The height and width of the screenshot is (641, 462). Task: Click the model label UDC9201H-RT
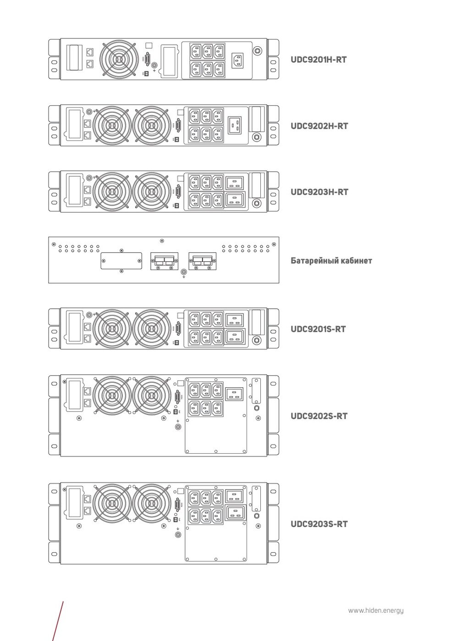(319, 60)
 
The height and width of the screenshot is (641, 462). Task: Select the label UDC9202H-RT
(319, 126)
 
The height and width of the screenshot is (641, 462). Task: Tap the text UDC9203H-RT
(319, 192)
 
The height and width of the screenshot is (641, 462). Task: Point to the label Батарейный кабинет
(331, 261)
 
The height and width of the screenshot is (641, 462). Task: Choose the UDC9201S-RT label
(318, 329)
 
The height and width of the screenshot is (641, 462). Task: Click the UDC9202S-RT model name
(319, 416)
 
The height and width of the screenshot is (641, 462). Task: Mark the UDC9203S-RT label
(319, 524)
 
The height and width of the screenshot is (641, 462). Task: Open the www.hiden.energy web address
(376, 610)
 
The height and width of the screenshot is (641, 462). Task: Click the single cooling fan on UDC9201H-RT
(119, 59)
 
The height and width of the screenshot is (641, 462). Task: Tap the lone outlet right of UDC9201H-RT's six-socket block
(237, 60)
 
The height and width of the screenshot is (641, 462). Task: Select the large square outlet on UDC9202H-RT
(235, 124)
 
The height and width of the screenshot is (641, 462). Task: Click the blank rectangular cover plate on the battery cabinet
(121, 261)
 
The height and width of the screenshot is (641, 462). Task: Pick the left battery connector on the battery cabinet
(164, 261)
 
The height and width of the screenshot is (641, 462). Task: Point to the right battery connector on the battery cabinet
(202, 261)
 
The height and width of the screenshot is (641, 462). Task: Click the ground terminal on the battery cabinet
(184, 272)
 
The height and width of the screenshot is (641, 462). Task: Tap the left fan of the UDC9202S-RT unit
(112, 395)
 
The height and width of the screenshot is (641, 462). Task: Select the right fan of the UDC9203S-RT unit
(151, 503)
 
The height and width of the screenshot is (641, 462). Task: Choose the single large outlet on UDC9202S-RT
(234, 393)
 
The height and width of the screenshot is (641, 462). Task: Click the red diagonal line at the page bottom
(58, 621)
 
